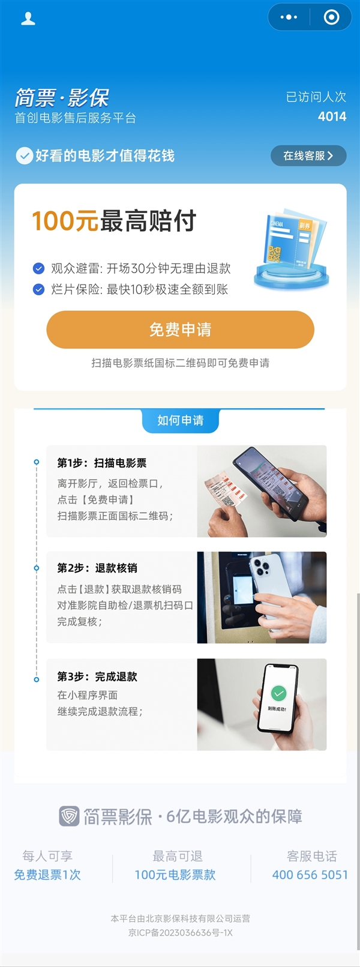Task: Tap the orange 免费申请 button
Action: (x=180, y=330)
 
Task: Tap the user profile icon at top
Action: (x=28, y=19)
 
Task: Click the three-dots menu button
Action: (x=289, y=17)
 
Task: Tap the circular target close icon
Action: (x=331, y=17)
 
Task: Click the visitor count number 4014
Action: (x=332, y=116)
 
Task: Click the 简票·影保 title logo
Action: (x=62, y=98)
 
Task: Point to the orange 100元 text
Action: (x=65, y=221)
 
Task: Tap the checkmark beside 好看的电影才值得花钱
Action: (x=24, y=156)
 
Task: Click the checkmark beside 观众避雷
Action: (x=38, y=268)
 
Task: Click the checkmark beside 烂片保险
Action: (x=38, y=289)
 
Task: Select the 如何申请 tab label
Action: (x=180, y=420)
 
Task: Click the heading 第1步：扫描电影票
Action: (x=102, y=463)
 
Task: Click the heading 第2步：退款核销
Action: (x=97, y=568)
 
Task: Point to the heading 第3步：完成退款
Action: (x=97, y=676)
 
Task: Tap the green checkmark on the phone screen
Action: (x=278, y=693)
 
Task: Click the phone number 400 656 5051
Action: (x=310, y=875)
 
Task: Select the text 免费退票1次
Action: (x=47, y=875)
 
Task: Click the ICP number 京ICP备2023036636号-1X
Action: (x=180, y=933)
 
